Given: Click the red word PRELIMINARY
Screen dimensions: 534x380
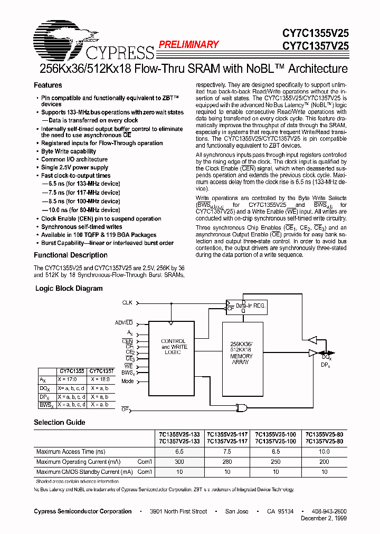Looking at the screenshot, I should [x=188, y=45].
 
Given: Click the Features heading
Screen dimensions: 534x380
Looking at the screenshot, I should [x=47, y=85].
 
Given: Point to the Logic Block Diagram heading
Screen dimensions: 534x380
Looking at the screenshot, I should [x=69, y=289].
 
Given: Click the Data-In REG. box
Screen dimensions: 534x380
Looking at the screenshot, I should [x=248, y=306].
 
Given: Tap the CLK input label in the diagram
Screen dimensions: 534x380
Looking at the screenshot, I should [x=127, y=303].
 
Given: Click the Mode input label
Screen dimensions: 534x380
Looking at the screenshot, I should [x=128, y=381].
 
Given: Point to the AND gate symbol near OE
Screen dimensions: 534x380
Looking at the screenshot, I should [x=242, y=407].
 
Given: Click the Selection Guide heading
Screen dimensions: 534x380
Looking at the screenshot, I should [x=59, y=422].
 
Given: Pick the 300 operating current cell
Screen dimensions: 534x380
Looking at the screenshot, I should [x=180, y=462].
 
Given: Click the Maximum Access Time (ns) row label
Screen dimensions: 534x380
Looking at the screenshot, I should [x=71, y=452].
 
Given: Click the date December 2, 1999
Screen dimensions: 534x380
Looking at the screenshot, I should [x=324, y=519].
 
